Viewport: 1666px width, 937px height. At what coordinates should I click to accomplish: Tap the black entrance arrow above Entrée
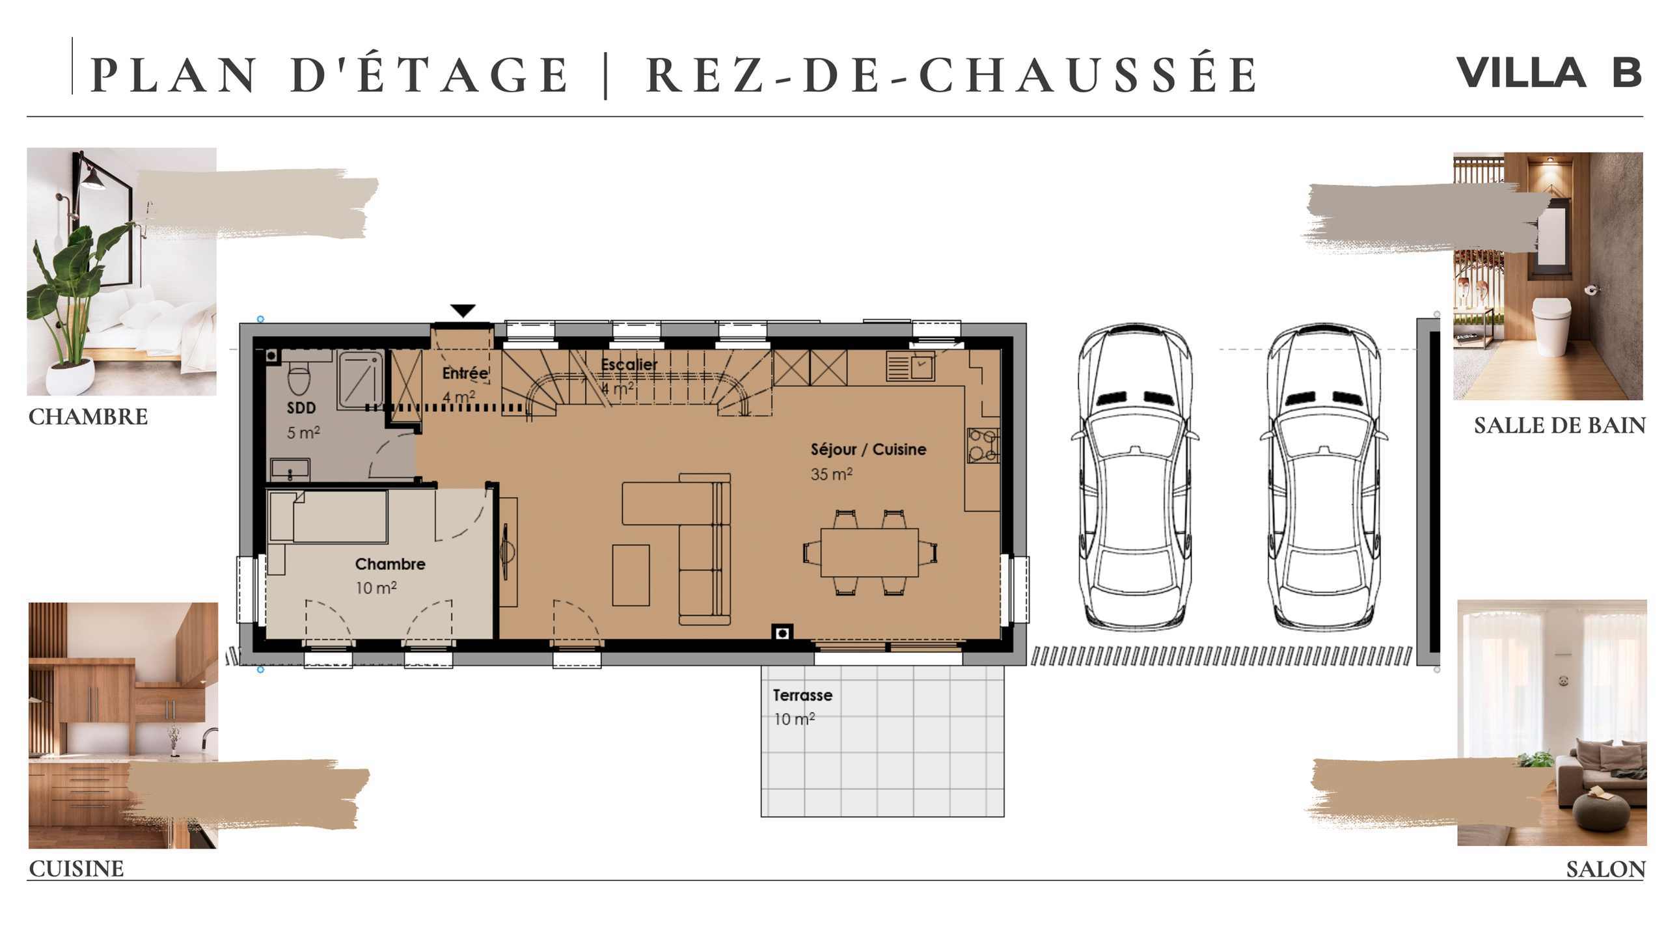(x=463, y=310)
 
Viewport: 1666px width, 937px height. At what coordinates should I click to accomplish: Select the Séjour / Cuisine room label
(x=867, y=449)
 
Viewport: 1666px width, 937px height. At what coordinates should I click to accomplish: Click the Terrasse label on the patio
(x=802, y=695)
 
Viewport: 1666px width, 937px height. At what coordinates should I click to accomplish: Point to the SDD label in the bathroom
(x=301, y=408)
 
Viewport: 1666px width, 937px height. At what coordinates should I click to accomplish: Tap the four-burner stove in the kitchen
(x=982, y=445)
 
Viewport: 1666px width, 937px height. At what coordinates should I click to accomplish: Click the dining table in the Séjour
(x=869, y=552)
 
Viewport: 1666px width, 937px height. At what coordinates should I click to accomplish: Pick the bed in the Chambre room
(x=329, y=517)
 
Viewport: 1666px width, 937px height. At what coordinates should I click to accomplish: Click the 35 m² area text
(x=830, y=474)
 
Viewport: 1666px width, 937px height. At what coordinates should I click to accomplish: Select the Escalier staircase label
(x=629, y=364)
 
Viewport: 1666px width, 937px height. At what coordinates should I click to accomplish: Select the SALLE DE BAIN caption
(x=1559, y=426)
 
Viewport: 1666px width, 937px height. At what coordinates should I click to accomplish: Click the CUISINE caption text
(x=76, y=869)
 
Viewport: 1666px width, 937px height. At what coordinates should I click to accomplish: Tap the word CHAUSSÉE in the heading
(x=1087, y=75)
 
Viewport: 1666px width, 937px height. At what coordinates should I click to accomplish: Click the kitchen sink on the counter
(x=910, y=367)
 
